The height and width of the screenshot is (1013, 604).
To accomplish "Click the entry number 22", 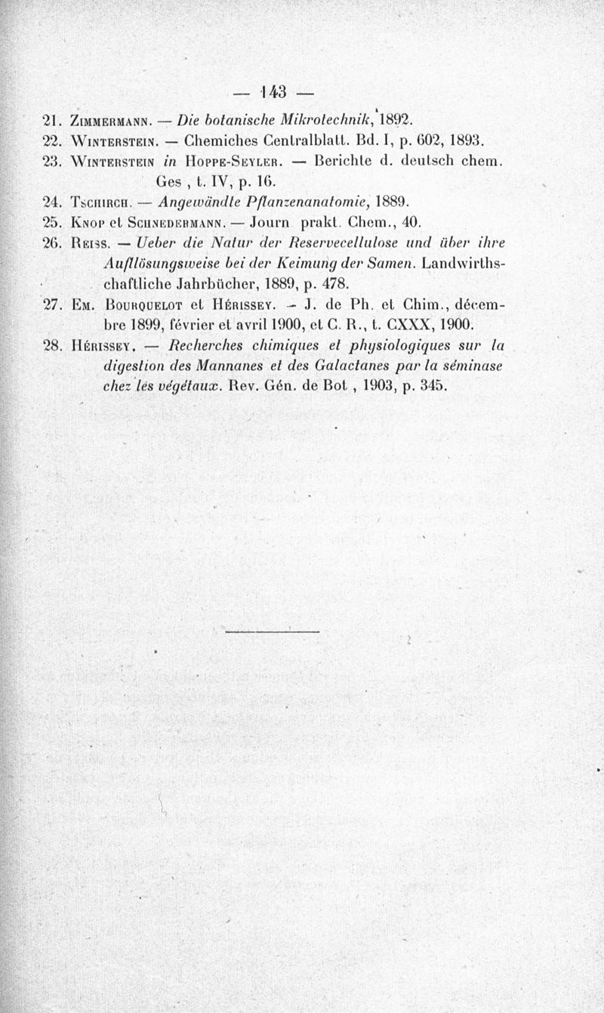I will click(52, 141).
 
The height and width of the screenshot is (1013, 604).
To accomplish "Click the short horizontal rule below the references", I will click(273, 631).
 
